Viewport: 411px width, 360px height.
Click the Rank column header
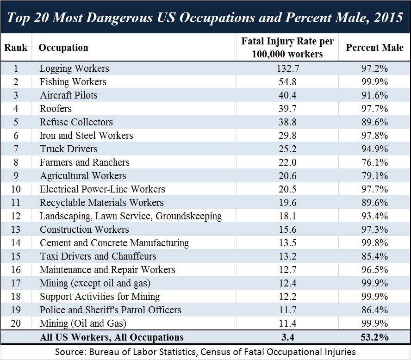[x=16, y=48]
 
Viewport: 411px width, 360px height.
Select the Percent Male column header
[x=374, y=48]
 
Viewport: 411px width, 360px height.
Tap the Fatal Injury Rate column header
[x=287, y=48]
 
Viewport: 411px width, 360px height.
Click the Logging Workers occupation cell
[x=75, y=68]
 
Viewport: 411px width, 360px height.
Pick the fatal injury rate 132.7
[x=287, y=68]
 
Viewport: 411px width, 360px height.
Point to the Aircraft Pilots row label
[x=68, y=95]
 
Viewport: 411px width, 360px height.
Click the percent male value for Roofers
[x=374, y=109]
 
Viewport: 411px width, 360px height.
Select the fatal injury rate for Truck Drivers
[x=287, y=149]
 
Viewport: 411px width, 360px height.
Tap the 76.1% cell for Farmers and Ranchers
[x=374, y=162]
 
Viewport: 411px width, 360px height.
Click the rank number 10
[x=16, y=189]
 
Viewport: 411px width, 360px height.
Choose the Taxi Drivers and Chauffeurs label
[x=98, y=256]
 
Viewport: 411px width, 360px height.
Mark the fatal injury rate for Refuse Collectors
[x=287, y=122]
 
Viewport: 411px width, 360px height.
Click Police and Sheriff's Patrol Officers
[x=111, y=310]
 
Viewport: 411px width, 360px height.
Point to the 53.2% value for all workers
[x=374, y=337]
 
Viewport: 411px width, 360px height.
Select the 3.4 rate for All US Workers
[x=287, y=337]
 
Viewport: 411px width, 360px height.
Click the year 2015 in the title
[x=385, y=18]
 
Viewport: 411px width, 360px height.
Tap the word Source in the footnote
[x=69, y=352]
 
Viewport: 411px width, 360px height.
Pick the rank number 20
[x=16, y=323]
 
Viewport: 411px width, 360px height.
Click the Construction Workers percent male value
[x=374, y=230]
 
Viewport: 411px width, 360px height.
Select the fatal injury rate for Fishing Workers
[x=287, y=82]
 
